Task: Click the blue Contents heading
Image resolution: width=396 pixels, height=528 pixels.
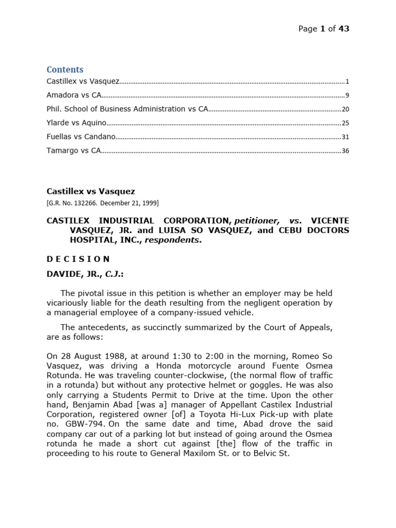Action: [x=65, y=70]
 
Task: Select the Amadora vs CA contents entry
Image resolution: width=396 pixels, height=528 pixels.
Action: [x=74, y=95]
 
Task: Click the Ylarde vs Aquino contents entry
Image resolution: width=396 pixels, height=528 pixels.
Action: [x=76, y=123]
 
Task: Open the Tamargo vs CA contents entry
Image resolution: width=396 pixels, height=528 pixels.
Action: [x=73, y=151]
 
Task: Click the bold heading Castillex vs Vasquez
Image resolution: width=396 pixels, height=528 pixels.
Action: [x=91, y=191]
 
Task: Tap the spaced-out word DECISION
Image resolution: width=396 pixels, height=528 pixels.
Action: [x=78, y=259]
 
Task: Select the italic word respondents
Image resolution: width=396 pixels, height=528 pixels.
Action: [x=177, y=240]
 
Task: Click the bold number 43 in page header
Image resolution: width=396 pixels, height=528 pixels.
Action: [x=344, y=29]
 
